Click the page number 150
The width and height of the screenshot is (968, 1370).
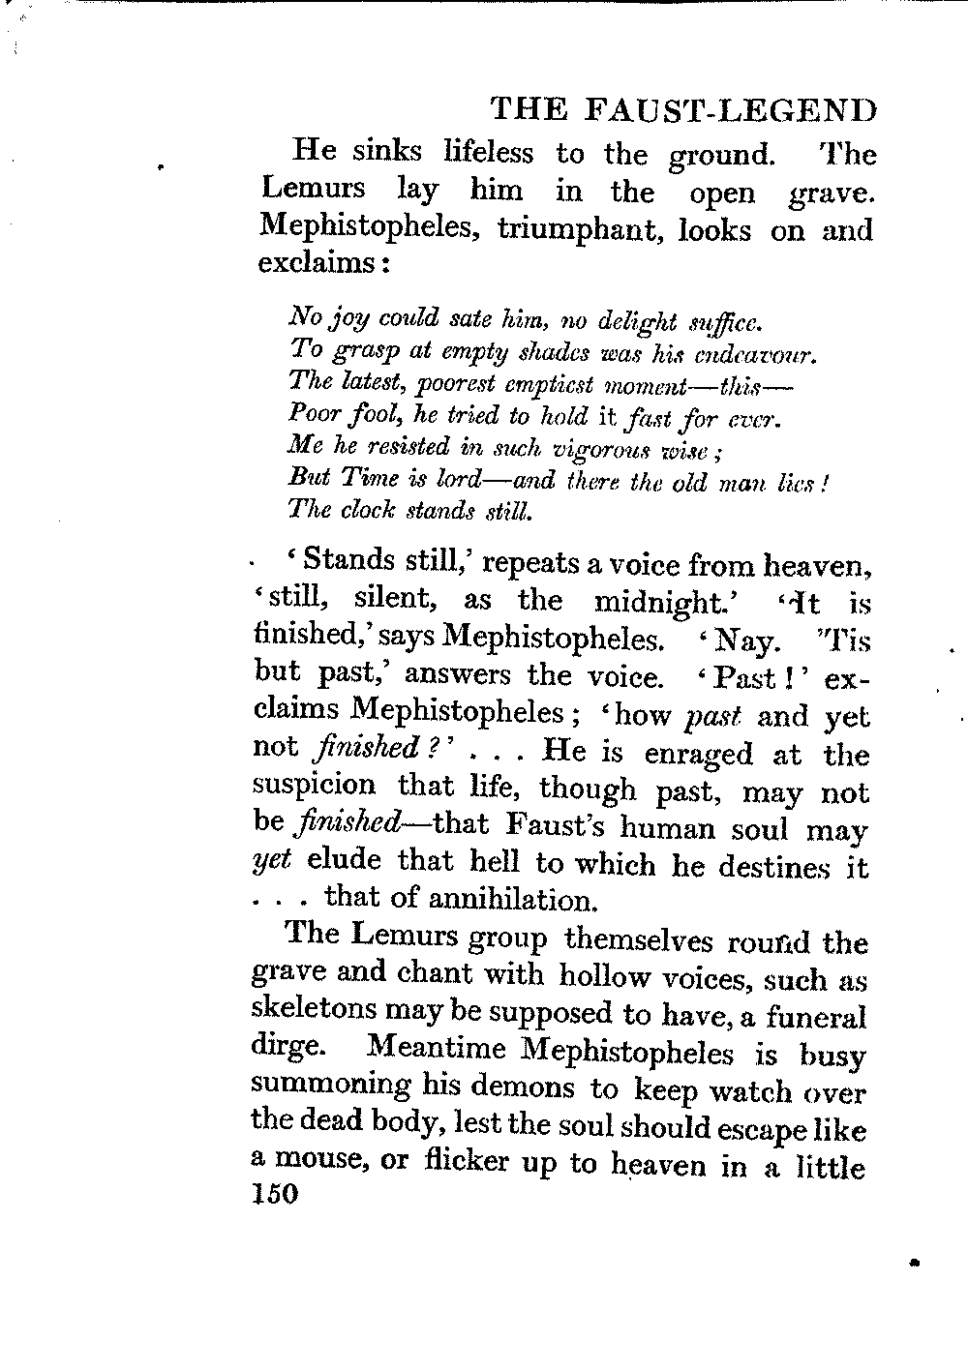[271, 1196]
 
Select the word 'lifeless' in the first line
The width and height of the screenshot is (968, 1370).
[488, 153]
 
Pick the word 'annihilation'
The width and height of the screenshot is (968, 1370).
[511, 900]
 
